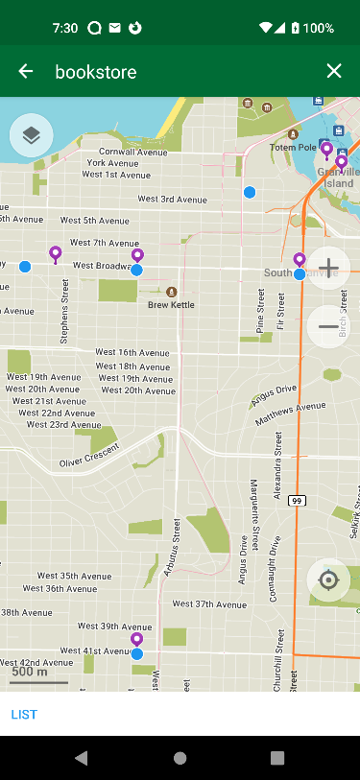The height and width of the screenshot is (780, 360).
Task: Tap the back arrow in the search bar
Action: click(26, 71)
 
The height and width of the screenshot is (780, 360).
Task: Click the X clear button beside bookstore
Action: click(333, 71)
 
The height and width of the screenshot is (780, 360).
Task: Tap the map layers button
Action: click(31, 135)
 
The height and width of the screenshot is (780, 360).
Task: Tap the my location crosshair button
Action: click(328, 580)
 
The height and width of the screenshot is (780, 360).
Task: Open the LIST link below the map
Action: click(23, 714)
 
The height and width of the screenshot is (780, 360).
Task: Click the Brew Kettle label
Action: click(171, 304)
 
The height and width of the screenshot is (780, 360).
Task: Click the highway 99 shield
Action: click(297, 501)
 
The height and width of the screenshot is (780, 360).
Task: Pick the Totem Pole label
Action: click(293, 148)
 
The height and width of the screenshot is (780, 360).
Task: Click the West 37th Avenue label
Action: click(209, 604)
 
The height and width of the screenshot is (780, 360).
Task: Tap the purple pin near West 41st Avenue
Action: click(136, 639)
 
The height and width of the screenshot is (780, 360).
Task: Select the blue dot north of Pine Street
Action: click(250, 193)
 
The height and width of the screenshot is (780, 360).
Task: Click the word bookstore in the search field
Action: click(96, 71)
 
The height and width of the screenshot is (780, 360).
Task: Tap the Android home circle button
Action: click(180, 758)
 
